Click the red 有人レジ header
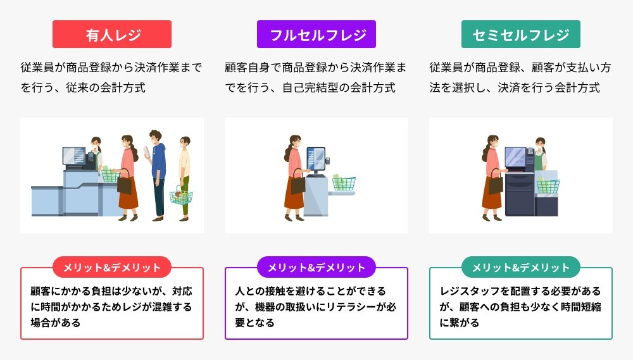[x=112, y=34]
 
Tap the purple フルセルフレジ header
[x=316, y=34]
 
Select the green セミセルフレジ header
[x=521, y=34]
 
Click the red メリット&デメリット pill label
[x=112, y=267]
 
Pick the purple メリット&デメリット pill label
[x=316, y=267]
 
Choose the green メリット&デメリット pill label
[x=521, y=267]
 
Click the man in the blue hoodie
[x=158, y=175]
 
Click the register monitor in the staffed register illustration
[x=74, y=156]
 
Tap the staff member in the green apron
[x=540, y=155]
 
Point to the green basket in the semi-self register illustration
[x=548, y=186]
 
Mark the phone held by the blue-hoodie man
[x=147, y=152]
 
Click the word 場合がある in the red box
[x=56, y=323]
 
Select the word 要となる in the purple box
[x=254, y=323]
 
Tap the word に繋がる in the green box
[x=460, y=323]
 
